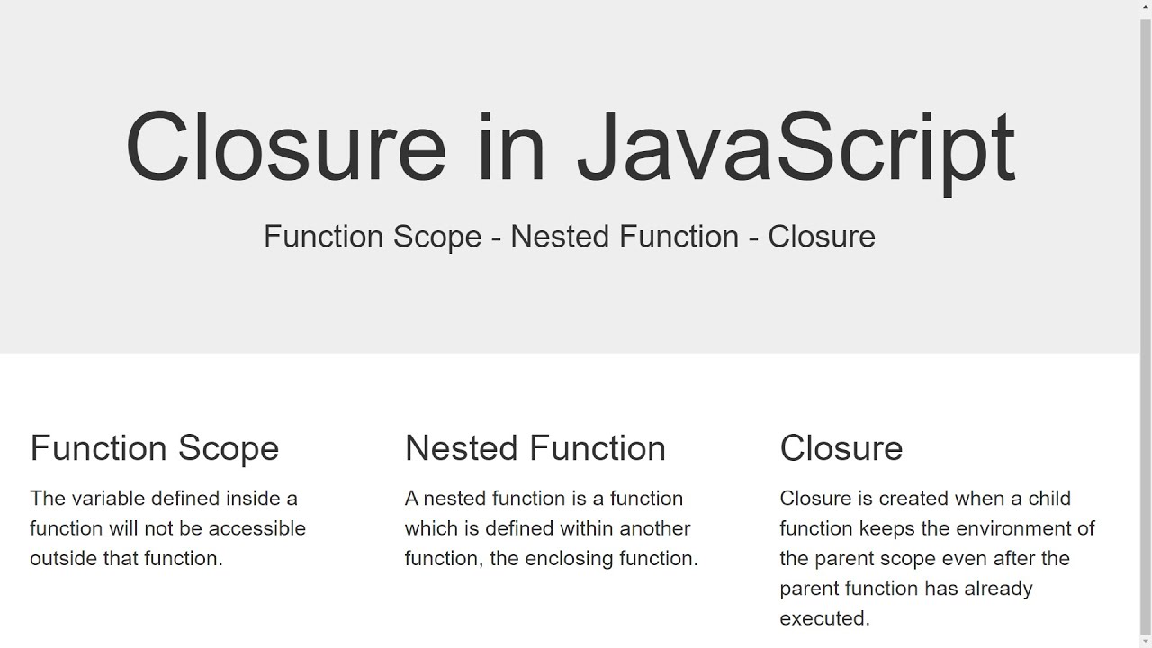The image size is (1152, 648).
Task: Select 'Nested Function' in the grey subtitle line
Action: coord(625,237)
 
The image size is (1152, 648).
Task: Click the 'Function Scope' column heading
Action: coord(155,448)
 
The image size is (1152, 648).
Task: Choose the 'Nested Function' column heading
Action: coord(535,448)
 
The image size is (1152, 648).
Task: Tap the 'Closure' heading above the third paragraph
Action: coord(841,448)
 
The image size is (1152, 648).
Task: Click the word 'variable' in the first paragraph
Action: coord(109,499)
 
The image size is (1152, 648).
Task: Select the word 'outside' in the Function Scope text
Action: coord(63,559)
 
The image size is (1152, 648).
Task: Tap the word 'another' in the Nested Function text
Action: coord(654,528)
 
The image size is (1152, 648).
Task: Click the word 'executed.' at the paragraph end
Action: coord(825,619)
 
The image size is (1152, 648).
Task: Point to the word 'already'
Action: coord(998,589)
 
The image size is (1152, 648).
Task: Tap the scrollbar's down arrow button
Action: coord(1146,641)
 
